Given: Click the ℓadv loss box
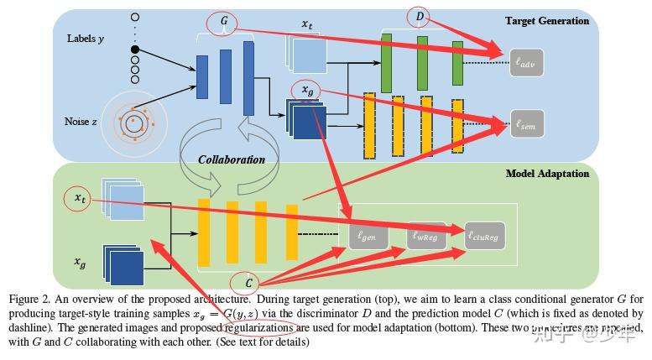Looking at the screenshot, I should coord(531,60).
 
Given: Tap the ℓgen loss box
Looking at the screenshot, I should coord(368,236).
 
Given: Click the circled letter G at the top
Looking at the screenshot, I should coord(224,18).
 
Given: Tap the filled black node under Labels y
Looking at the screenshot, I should coord(134,50).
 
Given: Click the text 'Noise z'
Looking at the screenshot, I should coord(81,121).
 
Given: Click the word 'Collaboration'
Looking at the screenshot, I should coord(232,159).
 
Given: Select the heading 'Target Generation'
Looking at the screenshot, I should coord(547,21).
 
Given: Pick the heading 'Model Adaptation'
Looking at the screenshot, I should coord(547,173).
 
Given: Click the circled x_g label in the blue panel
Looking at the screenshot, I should coord(306,89).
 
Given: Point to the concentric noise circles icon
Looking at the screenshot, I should coord(133,123).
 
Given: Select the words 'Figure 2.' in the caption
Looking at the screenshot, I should coord(33,300).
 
